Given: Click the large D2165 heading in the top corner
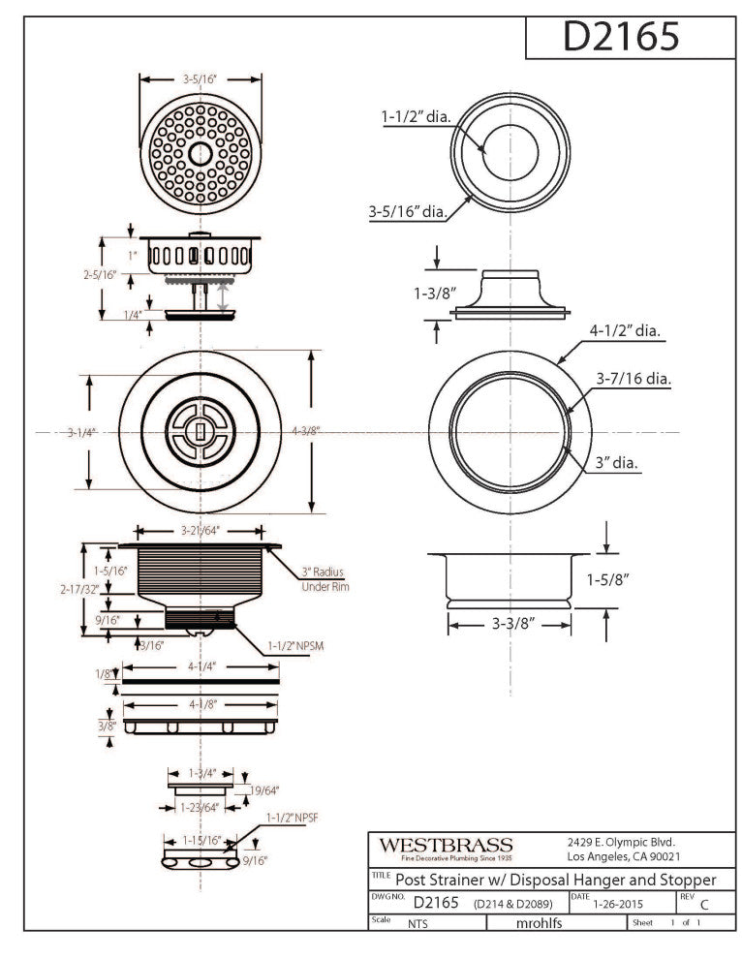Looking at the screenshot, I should [x=621, y=37].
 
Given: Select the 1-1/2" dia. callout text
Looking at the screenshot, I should [x=416, y=117].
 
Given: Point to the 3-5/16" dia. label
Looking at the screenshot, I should [x=407, y=210].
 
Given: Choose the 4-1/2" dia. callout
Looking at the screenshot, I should [x=625, y=330].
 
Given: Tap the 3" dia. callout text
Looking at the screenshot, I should [x=617, y=464].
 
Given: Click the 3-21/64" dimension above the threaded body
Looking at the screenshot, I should [x=201, y=531].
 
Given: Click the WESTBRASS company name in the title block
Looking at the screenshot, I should [x=446, y=845].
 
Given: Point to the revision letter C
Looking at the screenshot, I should [x=704, y=906].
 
